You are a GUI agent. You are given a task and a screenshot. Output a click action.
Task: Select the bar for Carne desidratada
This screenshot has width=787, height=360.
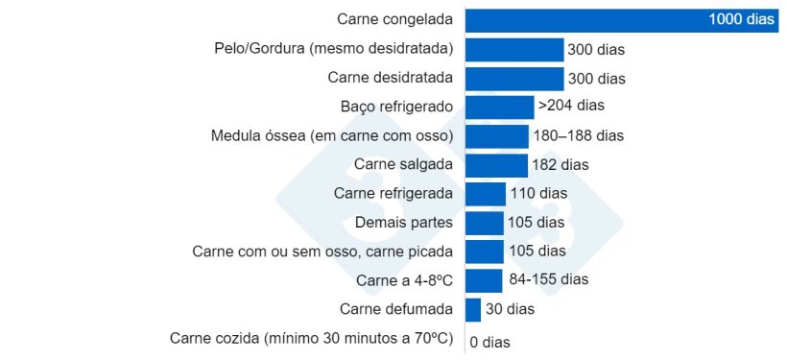[513, 78]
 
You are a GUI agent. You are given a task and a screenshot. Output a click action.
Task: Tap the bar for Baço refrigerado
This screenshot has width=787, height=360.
[499, 107]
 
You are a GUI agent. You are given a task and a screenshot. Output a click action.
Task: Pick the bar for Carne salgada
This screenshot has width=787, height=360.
[496, 165]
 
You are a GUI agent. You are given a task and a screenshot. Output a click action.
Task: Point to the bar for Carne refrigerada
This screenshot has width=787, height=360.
[485, 194]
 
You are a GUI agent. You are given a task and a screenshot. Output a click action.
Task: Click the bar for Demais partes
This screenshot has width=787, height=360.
[484, 223]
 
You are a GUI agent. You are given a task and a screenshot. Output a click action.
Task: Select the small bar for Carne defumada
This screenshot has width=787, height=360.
[472, 309]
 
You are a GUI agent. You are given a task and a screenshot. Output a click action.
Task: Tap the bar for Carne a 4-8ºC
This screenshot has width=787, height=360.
[483, 280]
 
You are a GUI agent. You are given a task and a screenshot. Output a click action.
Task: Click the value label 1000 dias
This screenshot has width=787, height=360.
[740, 20]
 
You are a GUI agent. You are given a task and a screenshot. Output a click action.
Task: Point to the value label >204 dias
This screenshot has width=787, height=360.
[571, 106]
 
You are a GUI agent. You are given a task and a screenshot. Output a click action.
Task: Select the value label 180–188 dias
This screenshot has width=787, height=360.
[579, 135]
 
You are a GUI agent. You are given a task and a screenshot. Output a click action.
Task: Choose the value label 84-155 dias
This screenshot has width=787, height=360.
[548, 280]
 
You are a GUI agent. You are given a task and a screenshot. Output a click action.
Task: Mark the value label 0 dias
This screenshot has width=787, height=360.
[490, 341]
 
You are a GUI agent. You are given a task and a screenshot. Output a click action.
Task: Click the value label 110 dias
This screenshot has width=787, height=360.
[538, 194]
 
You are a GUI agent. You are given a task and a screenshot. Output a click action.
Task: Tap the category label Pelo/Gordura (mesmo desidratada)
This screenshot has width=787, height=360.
[333, 48]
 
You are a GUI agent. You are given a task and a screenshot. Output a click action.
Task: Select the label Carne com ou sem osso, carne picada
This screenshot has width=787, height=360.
[322, 252]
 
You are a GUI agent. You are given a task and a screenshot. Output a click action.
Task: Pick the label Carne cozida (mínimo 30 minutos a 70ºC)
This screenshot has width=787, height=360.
[312, 338]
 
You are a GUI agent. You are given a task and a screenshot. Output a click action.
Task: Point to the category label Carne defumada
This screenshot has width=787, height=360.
[396, 309]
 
